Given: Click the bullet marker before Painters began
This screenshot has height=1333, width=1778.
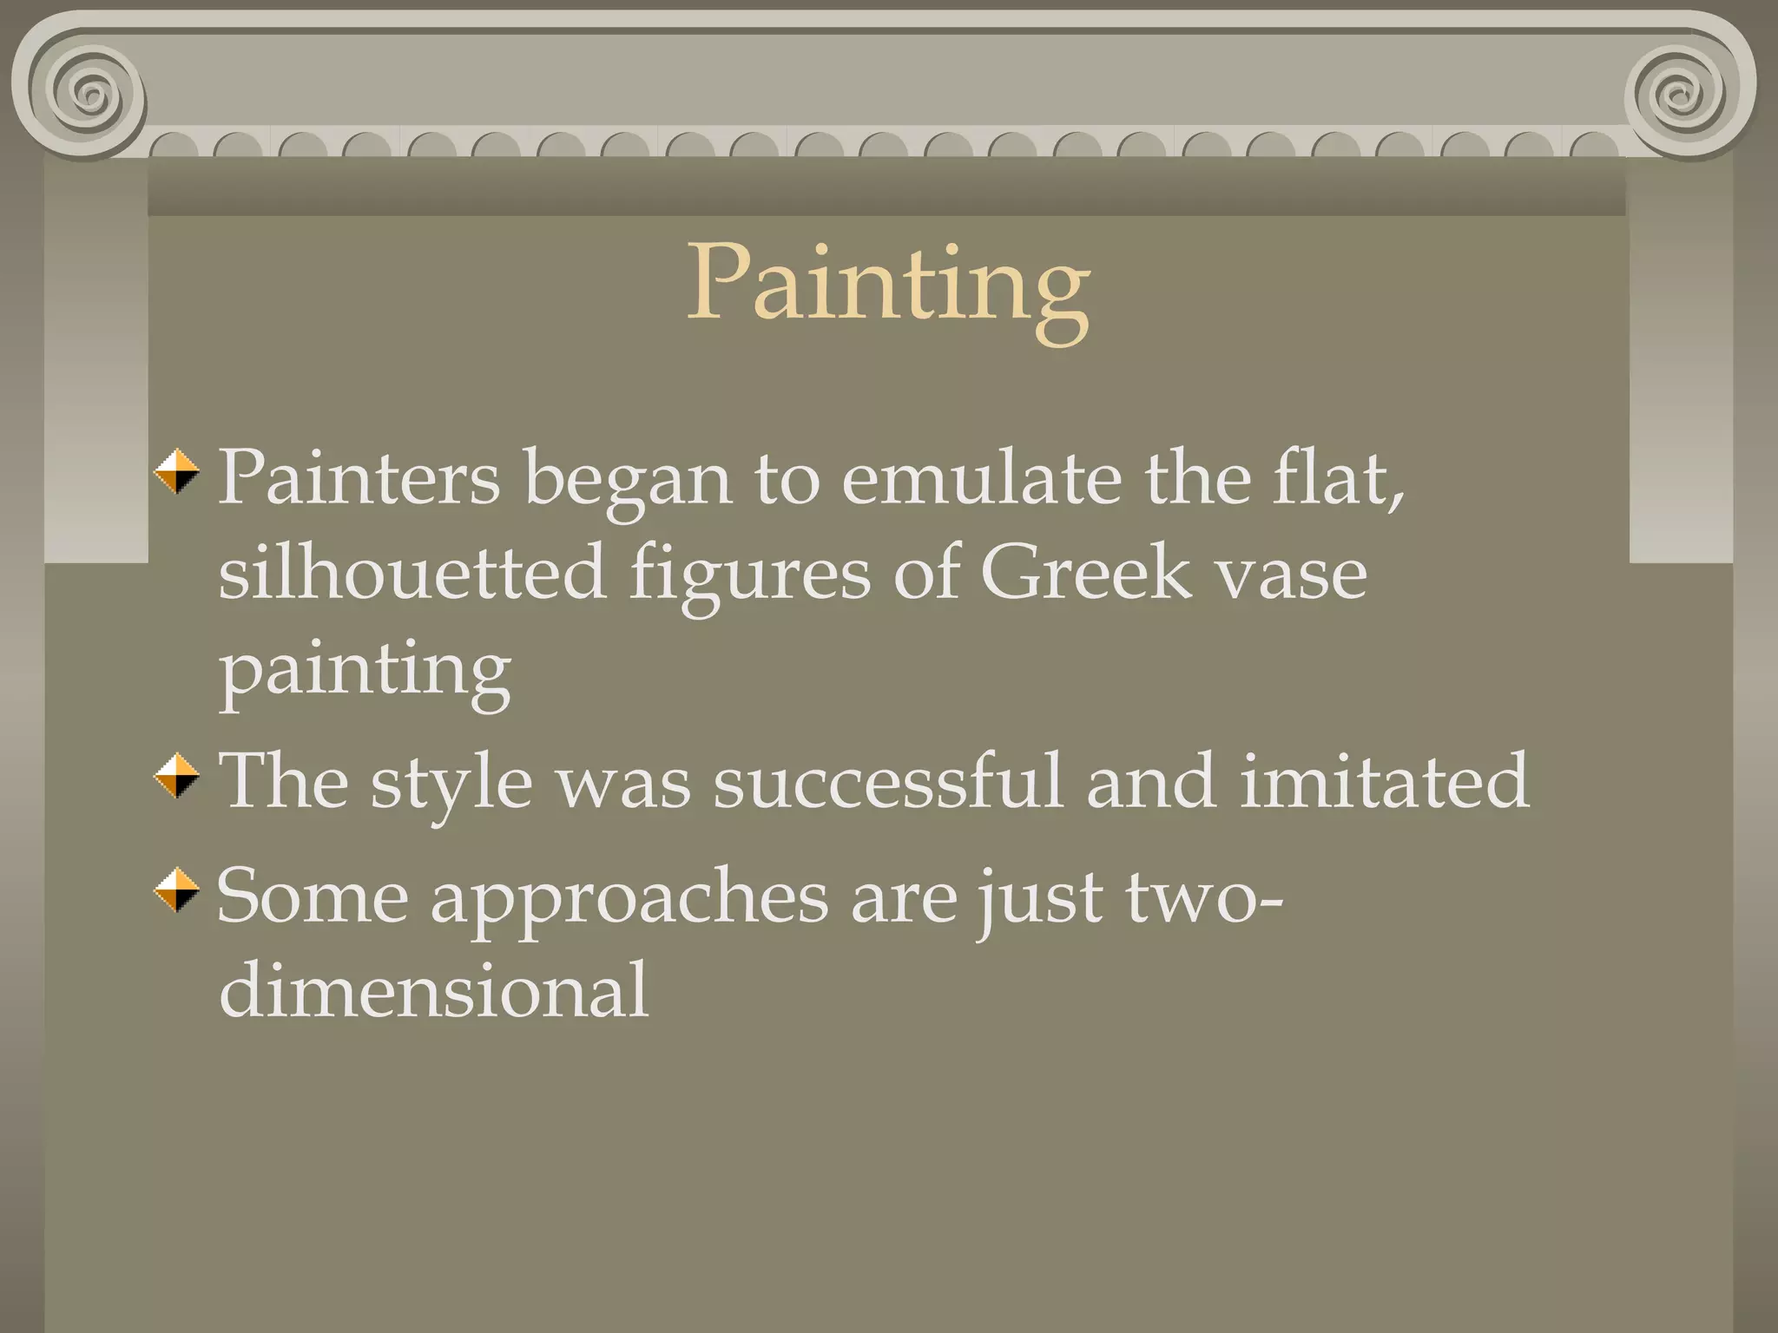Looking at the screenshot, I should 177,472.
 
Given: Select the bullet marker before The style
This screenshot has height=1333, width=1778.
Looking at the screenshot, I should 177,776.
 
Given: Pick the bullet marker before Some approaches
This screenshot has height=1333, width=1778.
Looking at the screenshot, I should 177,890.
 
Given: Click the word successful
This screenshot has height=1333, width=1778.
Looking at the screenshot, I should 888,781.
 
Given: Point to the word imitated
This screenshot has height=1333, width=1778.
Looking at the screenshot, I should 1384,781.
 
